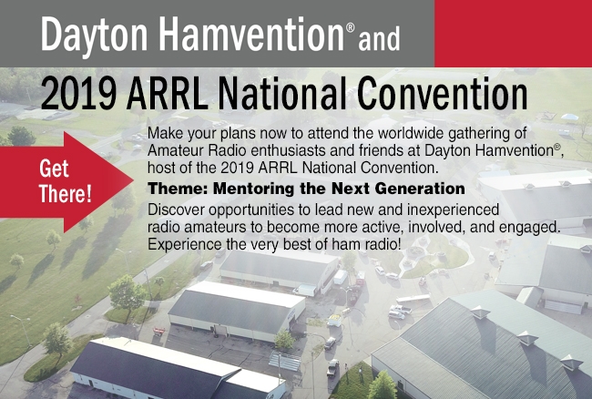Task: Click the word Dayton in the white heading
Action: pyautogui.click(x=94, y=36)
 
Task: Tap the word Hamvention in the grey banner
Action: pyautogui.click(x=251, y=33)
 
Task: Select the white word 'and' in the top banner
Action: pyautogui.click(x=379, y=38)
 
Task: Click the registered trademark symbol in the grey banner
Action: pyautogui.click(x=351, y=28)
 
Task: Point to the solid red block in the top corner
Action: pyautogui.click(x=513, y=33)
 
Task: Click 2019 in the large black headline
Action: pyautogui.click(x=78, y=93)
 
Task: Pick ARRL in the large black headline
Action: pyautogui.click(x=167, y=93)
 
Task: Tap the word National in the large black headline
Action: pyautogui.click(x=282, y=93)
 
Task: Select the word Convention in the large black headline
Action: pyautogui.click(x=442, y=93)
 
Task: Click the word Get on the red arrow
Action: pyautogui.click(x=54, y=169)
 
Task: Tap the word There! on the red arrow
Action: pyautogui.click(x=66, y=193)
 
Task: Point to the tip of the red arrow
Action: pyautogui.click(x=133, y=180)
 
